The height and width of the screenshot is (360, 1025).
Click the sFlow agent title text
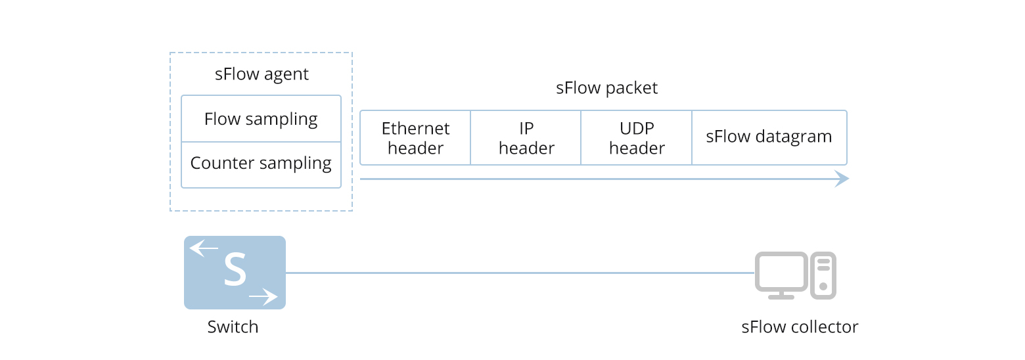click(x=262, y=74)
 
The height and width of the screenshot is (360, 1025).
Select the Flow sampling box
click(x=262, y=118)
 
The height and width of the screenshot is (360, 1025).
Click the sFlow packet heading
click(x=606, y=88)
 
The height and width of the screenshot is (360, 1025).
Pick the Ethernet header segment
click(x=415, y=138)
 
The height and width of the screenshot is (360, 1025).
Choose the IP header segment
click(x=526, y=138)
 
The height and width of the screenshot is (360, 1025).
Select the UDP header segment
click(x=637, y=138)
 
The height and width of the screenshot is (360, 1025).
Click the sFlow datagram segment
click(x=769, y=138)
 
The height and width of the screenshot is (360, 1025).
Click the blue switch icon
click(x=235, y=273)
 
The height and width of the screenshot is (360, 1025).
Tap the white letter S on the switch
click(x=235, y=269)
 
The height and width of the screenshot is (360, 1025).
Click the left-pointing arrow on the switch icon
click(x=204, y=248)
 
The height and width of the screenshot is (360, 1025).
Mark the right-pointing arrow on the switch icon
click(x=263, y=297)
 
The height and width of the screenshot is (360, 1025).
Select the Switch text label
click(x=233, y=327)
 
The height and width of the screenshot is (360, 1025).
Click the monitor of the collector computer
click(x=781, y=275)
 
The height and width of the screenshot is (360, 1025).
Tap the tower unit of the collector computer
click(x=823, y=275)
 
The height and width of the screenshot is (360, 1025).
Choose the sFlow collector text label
click(x=800, y=327)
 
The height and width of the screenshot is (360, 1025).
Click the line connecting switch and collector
click(x=520, y=273)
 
